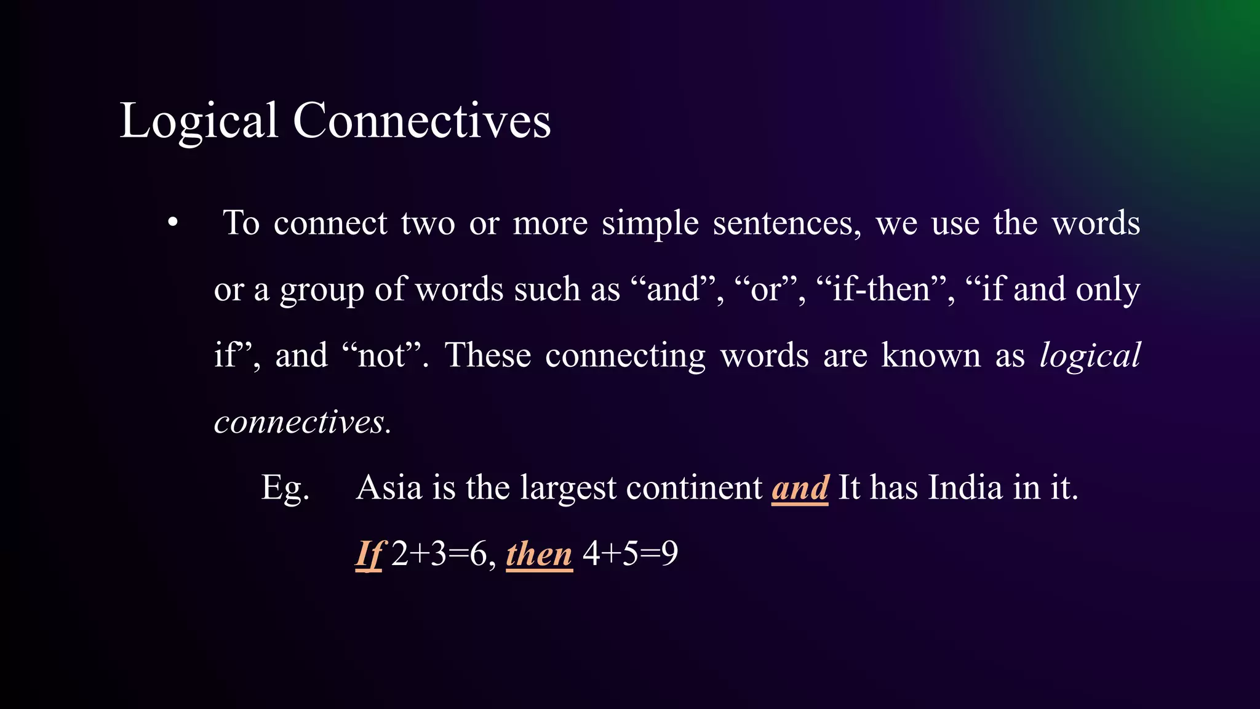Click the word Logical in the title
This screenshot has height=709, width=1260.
click(198, 121)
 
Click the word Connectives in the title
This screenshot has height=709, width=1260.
click(421, 120)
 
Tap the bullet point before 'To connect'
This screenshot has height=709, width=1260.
click(173, 223)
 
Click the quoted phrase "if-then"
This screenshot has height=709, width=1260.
click(886, 289)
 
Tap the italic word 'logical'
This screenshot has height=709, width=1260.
click(1090, 356)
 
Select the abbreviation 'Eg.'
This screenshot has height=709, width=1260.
click(285, 488)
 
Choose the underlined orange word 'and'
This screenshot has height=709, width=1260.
click(800, 488)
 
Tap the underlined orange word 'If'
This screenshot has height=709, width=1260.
click(369, 554)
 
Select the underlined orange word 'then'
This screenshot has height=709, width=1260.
click(539, 554)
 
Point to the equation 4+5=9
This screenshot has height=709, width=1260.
click(630, 554)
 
